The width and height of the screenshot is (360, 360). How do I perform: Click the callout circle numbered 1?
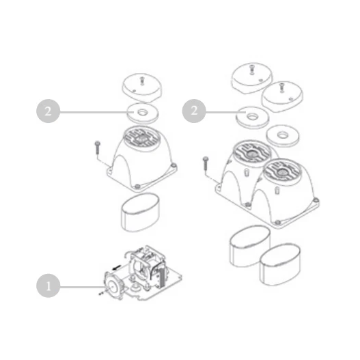pos(49,286)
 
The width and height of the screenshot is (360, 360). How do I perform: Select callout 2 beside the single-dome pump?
pos(49,111)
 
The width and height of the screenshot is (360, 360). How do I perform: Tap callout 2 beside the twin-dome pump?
pos(194,111)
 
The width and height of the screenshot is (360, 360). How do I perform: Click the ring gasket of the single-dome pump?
pos(143,113)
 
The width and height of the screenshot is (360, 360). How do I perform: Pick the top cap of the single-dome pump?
pos(141,87)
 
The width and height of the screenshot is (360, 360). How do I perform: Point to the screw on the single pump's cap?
pos(142,81)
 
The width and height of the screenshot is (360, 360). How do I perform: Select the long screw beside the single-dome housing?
pos(96,148)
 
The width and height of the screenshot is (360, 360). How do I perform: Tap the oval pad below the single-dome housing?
pos(140,212)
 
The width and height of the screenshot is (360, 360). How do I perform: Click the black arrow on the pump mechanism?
pos(117,268)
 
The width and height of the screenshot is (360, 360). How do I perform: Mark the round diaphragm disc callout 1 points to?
pos(113,286)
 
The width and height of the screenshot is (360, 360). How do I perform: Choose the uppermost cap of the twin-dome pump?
pos(252,78)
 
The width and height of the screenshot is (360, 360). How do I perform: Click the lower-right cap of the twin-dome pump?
pos(282,96)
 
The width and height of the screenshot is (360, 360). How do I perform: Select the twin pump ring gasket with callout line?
pos(252,117)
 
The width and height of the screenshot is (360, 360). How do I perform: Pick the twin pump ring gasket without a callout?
pos(283,135)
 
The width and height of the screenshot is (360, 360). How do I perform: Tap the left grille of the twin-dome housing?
pos(252,152)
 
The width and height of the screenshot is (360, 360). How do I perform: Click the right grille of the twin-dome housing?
pos(281,171)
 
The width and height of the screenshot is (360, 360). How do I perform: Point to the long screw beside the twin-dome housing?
pos(205,164)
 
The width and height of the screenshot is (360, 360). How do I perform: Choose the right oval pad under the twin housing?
pos(280,265)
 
